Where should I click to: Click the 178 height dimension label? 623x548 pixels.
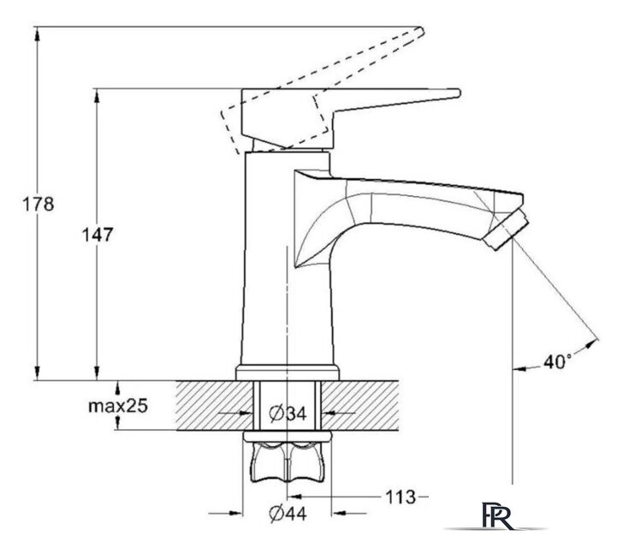(x=38, y=205)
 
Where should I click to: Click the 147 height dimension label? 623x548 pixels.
(x=98, y=235)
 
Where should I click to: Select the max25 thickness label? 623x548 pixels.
(x=118, y=406)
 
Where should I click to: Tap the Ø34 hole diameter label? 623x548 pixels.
(x=288, y=414)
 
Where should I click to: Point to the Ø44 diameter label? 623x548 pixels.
(x=288, y=514)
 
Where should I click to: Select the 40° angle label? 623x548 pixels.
(x=558, y=361)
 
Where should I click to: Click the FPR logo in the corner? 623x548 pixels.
(x=497, y=515)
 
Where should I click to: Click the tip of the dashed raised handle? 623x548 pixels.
(x=422, y=31)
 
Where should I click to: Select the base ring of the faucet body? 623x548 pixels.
(x=288, y=372)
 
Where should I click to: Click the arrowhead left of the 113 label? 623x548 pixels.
(x=294, y=497)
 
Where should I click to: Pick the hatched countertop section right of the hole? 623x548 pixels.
(x=359, y=405)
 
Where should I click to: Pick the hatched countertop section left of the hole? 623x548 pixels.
(x=215, y=405)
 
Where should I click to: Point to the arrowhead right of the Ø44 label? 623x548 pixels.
(x=338, y=514)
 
